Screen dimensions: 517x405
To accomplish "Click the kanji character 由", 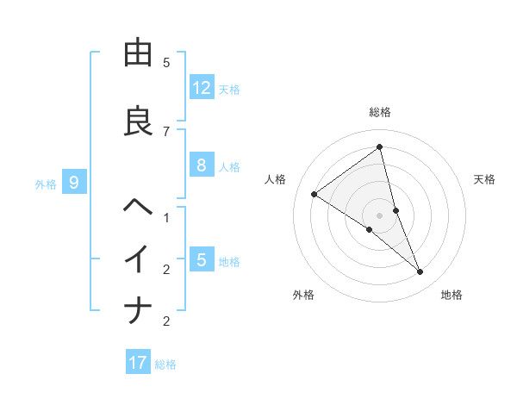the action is pos(138,53).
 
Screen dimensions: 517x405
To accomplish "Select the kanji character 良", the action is pos(138,121).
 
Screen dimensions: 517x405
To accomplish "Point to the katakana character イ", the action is pos(138,259).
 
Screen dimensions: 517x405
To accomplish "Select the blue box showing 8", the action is pos(202,165).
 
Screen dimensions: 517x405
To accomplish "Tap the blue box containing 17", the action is pos(138,363).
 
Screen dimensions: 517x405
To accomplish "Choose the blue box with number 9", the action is pos(74,182).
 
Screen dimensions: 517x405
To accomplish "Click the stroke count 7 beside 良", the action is pos(166,131).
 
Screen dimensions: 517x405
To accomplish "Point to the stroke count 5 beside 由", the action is pos(166,63).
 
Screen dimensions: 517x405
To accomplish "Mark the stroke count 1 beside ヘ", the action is pos(166,217).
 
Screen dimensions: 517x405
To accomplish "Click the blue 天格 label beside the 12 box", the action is pos(229,89).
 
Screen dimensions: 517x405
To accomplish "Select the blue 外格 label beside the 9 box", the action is pos(46,184).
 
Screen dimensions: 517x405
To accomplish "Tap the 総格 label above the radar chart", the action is pos(380,112).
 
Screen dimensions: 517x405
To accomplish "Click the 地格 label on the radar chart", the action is pos(452,295).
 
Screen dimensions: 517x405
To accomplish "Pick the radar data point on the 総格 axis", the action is pos(380,147).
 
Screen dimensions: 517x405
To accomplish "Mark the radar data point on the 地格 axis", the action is pos(420,272).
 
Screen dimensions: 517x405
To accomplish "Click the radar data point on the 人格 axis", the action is pos(315,194).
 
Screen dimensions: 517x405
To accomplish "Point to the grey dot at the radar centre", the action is pos(380,215).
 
